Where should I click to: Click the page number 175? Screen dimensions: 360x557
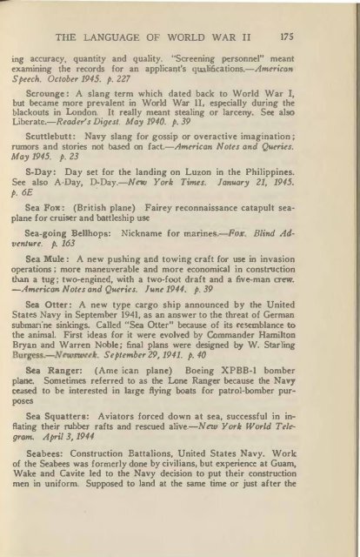[318, 37]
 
